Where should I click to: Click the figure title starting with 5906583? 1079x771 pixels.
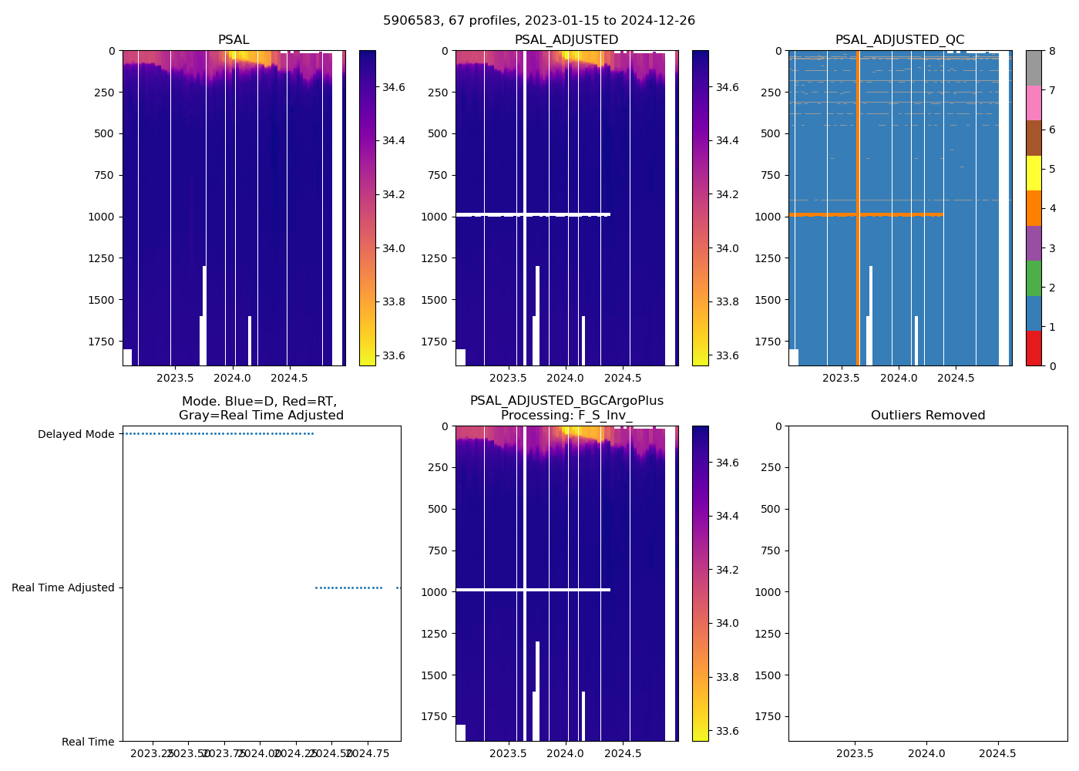pyautogui.click(x=539, y=21)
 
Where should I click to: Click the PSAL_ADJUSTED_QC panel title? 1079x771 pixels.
pyautogui.click(x=899, y=40)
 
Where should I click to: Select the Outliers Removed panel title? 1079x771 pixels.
pyautogui.click(x=927, y=416)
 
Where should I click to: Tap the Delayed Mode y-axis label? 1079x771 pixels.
pyautogui.click(x=76, y=434)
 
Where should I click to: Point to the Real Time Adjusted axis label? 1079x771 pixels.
pyautogui.click(x=63, y=588)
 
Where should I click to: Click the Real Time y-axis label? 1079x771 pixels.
pyautogui.click(x=88, y=742)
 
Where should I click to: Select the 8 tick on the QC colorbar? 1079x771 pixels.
pyautogui.click(x=1052, y=51)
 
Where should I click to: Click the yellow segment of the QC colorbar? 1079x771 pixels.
pyautogui.click(x=1034, y=173)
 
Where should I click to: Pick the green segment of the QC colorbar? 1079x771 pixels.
pyautogui.click(x=1034, y=278)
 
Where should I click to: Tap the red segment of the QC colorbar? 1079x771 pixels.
pyautogui.click(x=1034, y=348)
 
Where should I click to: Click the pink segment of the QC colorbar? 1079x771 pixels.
pyautogui.click(x=1034, y=103)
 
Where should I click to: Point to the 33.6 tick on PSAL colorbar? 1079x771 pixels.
pyautogui.click(x=394, y=355)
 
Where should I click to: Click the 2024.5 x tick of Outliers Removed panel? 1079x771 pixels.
pyautogui.click(x=997, y=751)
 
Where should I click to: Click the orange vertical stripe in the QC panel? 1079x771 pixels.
pyautogui.click(x=858, y=231)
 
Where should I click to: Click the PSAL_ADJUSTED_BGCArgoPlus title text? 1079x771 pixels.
pyautogui.click(x=566, y=401)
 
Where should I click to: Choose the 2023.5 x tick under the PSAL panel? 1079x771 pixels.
pyautogui.click(x=175, y=378)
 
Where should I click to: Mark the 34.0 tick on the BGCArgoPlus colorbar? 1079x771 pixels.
pyautogui.click(x=728, y=623)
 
